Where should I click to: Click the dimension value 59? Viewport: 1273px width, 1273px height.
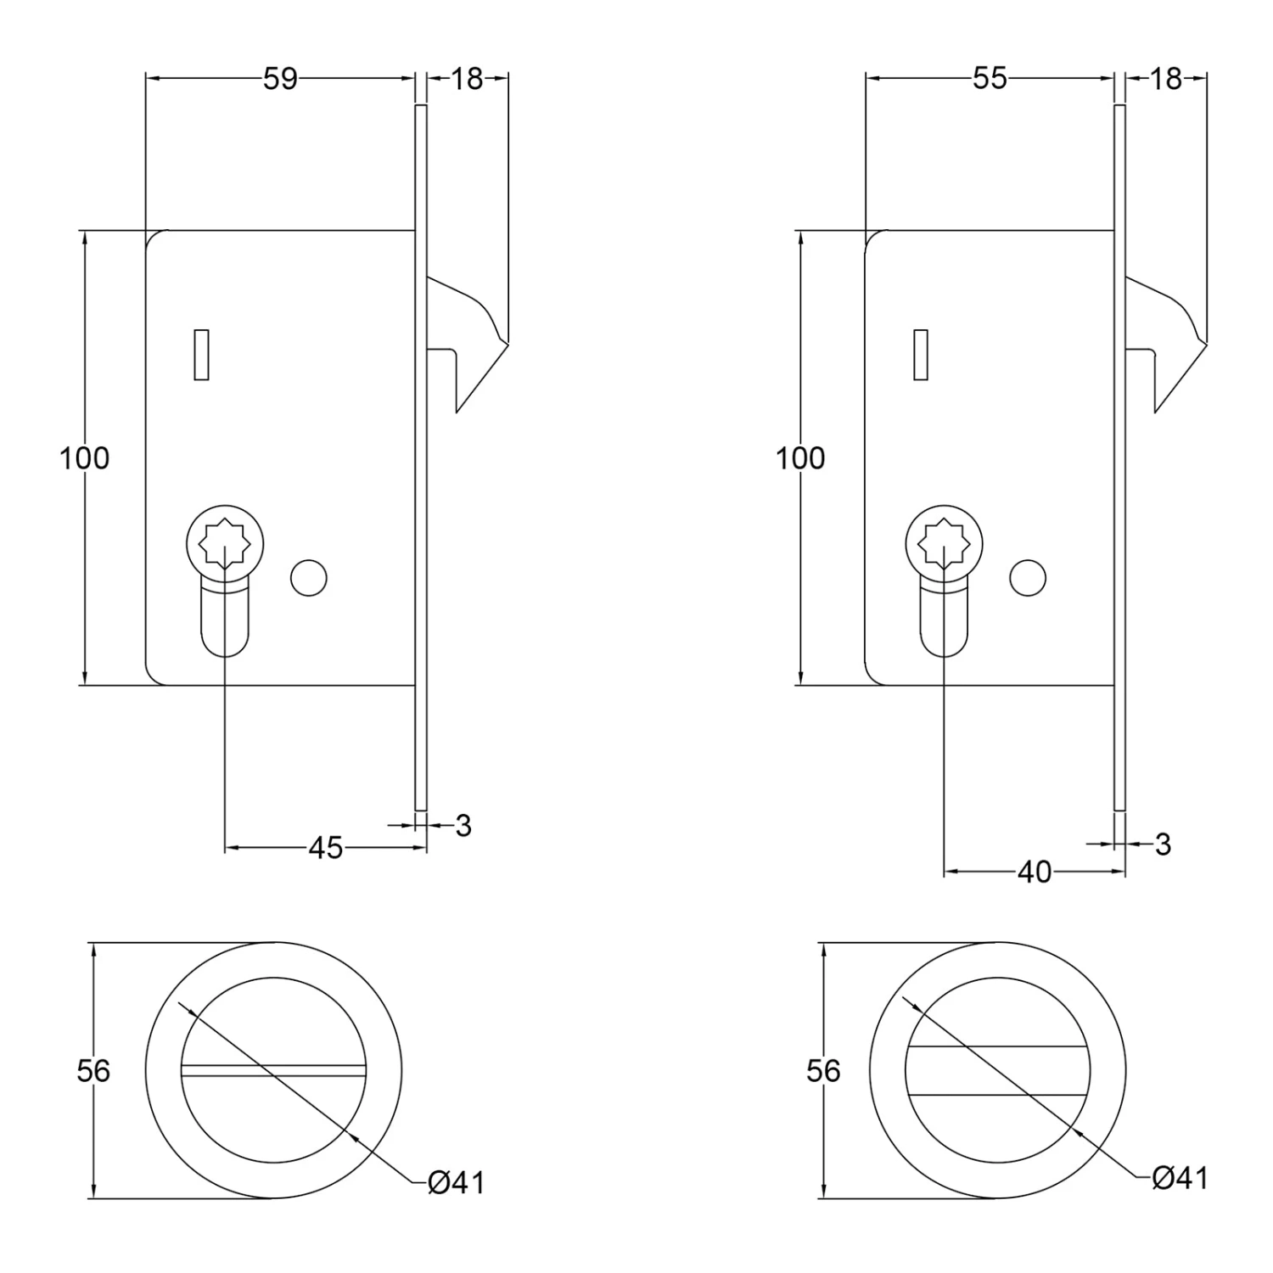tap(280, 79)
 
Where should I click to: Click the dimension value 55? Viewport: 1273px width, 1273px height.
tap(990, 79)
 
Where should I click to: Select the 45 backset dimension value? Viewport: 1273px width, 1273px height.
tap(325, 847)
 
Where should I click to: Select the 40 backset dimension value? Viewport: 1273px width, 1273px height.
tap(1034, 872)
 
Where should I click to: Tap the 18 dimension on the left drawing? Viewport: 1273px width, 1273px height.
tap(467, 79)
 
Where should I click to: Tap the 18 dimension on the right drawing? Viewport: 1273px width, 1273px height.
tap(1166, 79)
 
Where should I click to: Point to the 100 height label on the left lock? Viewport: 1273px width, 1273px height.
tap(85, 458)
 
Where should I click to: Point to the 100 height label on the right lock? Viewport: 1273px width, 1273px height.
tap(800, 458)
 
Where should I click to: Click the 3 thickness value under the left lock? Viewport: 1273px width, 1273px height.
tap(463, 825)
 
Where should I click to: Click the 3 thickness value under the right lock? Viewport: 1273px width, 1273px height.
tap(1163, 844)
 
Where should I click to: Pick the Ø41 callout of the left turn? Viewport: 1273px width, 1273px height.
tap(457, 1182)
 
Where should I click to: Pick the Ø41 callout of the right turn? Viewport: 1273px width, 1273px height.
tap(1180, 1178)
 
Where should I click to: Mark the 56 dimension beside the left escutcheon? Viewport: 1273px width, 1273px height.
tap(93, 1071)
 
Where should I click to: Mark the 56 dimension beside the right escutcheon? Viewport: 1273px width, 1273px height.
tap(823, 1071)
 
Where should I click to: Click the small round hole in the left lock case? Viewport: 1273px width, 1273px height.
tap(309, 578)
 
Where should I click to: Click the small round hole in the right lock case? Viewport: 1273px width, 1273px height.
tap(1028, 578)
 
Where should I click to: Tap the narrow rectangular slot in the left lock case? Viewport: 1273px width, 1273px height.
tap(201, 353)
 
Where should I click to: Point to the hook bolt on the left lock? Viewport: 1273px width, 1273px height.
tap(471, 339)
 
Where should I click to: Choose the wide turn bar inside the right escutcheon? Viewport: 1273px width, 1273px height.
tap(998, 1070)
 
